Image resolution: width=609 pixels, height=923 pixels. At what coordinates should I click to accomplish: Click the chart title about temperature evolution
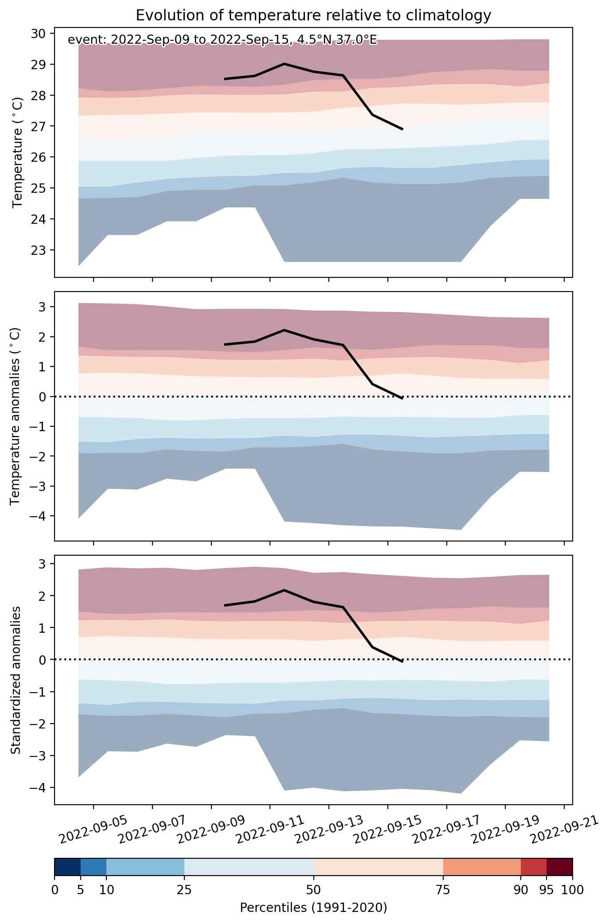click(313, 15)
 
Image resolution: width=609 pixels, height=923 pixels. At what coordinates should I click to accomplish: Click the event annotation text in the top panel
click(222, 40)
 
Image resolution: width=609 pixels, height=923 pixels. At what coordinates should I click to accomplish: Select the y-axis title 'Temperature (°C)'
click(18, 152)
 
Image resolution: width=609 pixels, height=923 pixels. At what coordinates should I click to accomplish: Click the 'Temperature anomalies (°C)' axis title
click(15, 416)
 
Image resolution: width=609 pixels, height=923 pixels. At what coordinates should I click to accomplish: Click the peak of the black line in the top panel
click(284, 64)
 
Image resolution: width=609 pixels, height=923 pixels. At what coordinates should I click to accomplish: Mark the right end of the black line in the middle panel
click(402, 398)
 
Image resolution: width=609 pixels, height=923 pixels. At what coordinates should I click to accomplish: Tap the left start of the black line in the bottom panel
click(225, 605)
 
